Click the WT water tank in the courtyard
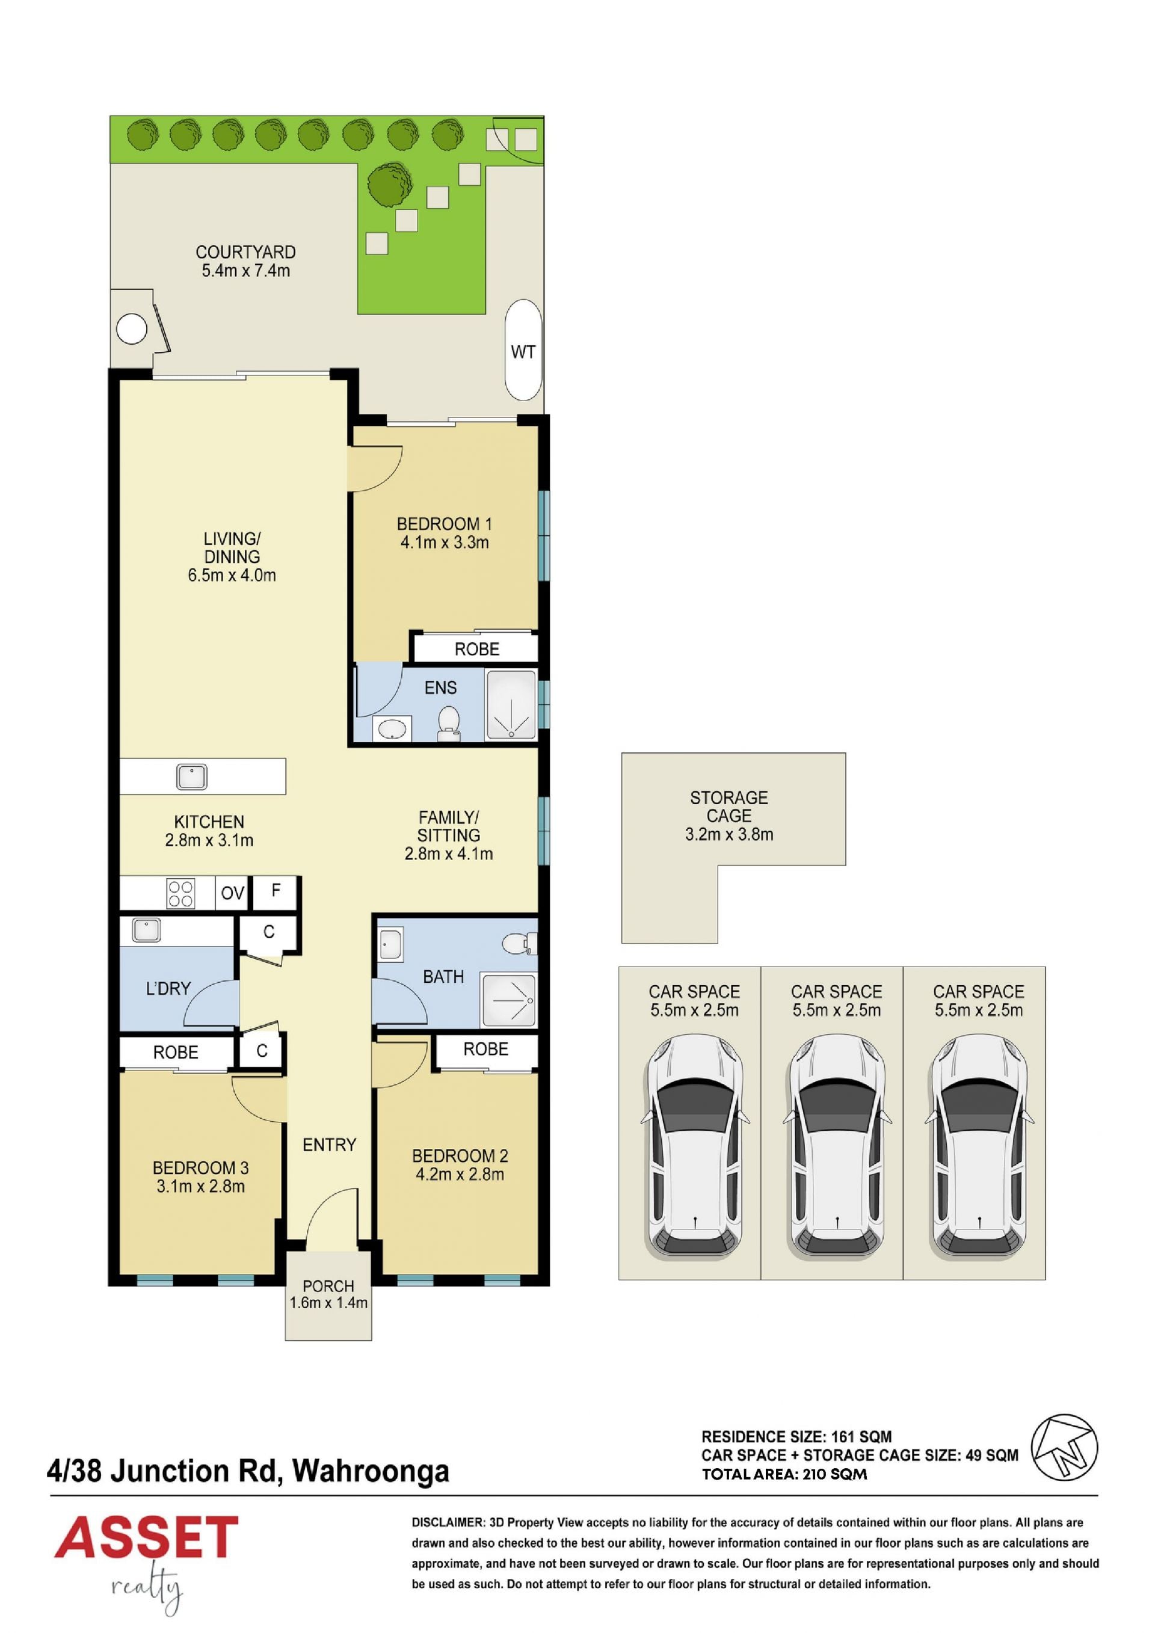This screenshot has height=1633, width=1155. click(x=523, y=350)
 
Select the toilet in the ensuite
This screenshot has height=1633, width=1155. click(x=449, y=722)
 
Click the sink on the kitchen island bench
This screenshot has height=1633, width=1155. click(x=191, y=776)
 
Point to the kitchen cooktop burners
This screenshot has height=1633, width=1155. click(x=180, y=893)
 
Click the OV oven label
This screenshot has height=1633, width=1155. click(x=233, y=893)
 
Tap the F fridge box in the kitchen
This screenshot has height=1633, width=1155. click(x=276, y=891)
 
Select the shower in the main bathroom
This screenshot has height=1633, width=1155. click(x=508, y=998)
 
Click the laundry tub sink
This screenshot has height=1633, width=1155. click(x=146, y=930)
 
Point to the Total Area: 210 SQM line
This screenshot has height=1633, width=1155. click(x=784, y=1474)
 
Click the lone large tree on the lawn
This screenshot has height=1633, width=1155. click(x=390, y=185)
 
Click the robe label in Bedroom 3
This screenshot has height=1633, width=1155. click(x=176, y=1052)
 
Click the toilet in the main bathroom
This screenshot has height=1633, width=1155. click(x=519, y=944)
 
